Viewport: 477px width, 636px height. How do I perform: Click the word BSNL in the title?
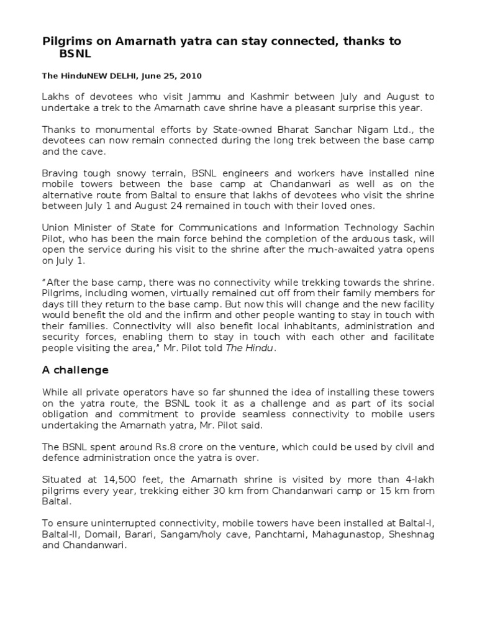click(75, 55)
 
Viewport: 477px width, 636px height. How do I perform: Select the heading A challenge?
click(75, 370)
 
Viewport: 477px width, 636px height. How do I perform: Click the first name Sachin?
click(419, 227)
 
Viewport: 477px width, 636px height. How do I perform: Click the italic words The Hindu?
click(256, 348)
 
